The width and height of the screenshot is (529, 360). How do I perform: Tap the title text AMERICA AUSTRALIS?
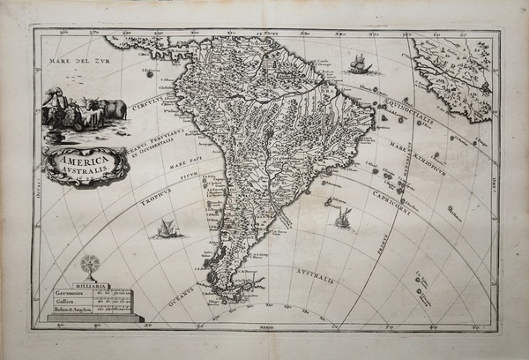click(x=86, y=164)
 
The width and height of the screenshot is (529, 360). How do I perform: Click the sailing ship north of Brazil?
click(x=359, y=64)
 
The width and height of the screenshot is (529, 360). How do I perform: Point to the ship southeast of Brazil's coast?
click(x=341, y=216)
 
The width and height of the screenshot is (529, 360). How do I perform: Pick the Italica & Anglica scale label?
click(x=77, y=311)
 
